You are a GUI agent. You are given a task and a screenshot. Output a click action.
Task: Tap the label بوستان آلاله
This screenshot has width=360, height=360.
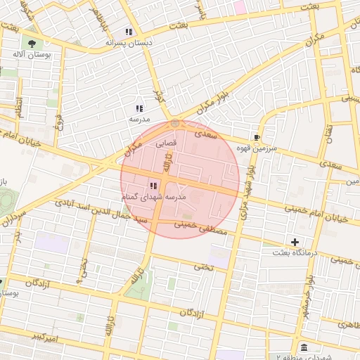[30, 53]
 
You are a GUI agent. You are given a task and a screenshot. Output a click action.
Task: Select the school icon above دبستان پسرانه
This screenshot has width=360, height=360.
[128, 32]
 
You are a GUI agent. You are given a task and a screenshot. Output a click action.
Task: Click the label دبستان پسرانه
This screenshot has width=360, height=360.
[129, 43]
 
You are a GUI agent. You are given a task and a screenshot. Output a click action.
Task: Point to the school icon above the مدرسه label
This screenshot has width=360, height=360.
[139, 108]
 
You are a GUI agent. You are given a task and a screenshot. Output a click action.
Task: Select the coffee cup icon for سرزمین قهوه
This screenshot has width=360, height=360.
[257, 137]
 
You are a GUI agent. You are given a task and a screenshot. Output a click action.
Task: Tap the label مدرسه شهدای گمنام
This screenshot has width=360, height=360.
[155, 198]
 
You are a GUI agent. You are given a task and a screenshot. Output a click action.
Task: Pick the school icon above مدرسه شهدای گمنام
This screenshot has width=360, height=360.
[153, 186]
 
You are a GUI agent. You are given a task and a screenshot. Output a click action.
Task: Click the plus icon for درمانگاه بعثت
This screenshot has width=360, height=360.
[295, 242]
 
